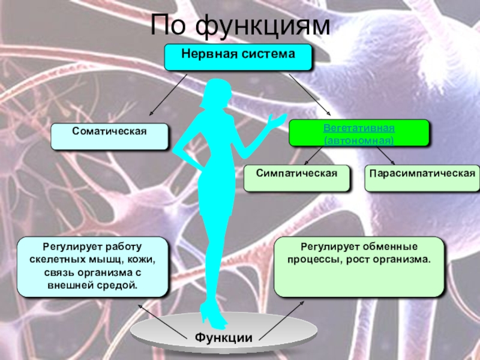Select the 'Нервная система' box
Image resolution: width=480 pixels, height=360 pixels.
[x=239, y=56]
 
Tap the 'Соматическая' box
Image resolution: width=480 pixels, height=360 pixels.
[x=110, y=136]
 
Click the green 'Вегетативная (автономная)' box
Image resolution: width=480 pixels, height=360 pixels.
[x=359, y=133]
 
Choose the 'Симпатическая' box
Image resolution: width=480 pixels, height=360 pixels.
[x=296, y=178]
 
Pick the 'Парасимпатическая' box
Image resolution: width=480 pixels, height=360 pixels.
[x=422, y=178]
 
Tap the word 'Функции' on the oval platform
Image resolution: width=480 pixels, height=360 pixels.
[x=223, y=337]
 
